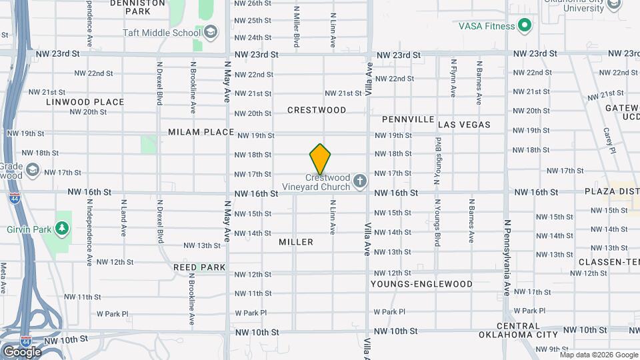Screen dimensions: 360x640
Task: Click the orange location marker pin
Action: click(x=321, y=159)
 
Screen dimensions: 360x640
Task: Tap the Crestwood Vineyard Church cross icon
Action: click(x=360, y=181)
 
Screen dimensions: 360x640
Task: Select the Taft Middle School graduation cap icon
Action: click(x=211, y=32)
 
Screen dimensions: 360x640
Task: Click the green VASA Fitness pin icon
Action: click(x=525, y=26)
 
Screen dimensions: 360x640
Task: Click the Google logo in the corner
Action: click(x=22, y=351)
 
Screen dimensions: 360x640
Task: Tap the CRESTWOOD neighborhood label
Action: click(x=317, y=109)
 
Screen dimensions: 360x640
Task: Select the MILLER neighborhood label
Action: click(x=296, y=242)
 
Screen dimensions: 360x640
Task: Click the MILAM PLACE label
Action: click(x=201, y=132)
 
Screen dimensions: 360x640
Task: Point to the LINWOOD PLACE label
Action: click(x=85, y=102)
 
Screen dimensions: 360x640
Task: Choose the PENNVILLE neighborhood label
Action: click(x=409, y=119)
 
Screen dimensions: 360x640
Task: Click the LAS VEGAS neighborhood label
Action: click(x=464, y=125)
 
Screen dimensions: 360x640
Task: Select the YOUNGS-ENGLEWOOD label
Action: click(x=421, y=284)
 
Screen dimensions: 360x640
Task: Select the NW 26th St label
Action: click(x=253, y=3)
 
